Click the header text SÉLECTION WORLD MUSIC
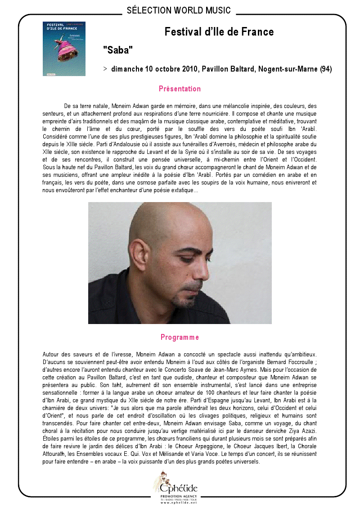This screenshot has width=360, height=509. point(179,10)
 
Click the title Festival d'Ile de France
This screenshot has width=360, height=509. point(219,32)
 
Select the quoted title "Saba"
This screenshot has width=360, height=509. point(118,50)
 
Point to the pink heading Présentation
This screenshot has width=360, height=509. point(180,89)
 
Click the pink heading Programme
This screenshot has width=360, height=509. point(180,337)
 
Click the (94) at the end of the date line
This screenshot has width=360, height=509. point(326,69)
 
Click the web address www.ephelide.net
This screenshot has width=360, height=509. point(179,502)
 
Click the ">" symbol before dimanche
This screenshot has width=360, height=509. point(105,69)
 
